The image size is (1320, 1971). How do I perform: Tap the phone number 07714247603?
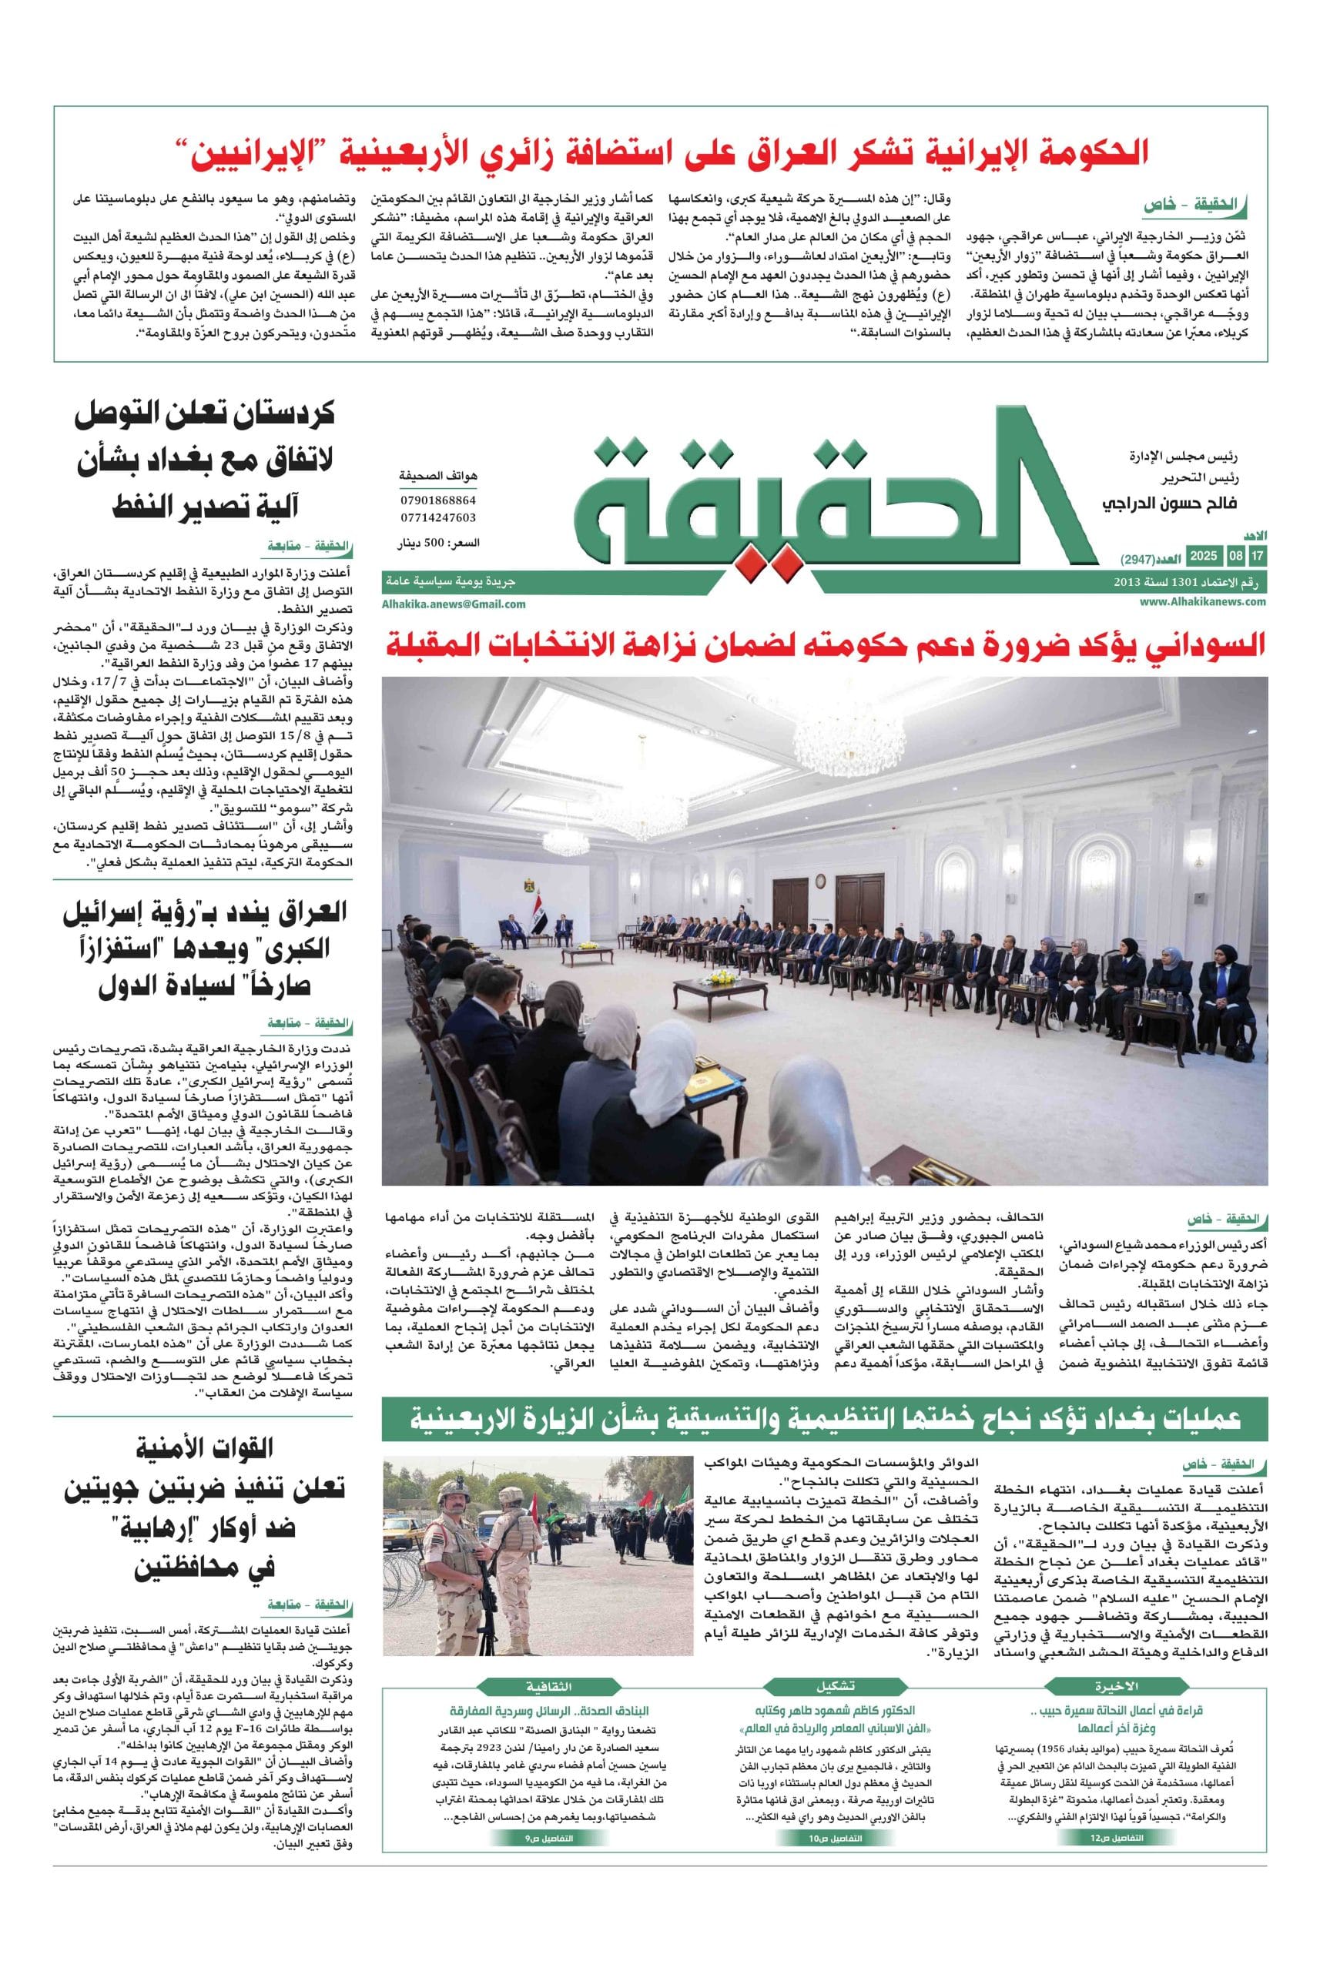click(x=437, y=517)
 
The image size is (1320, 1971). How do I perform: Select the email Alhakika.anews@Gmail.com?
click(x=454, y=604)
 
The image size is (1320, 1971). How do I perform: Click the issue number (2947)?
click(x=1138, y=559)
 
